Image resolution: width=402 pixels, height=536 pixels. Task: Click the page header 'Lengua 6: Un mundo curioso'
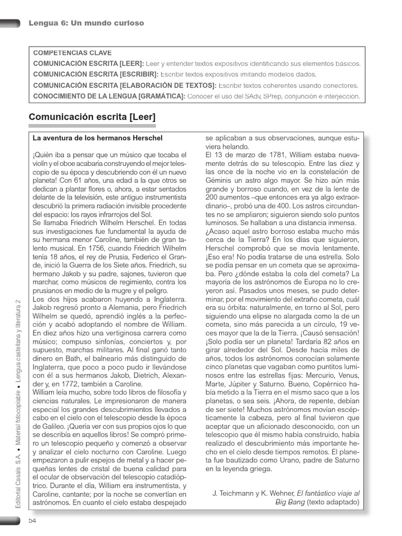(86, 23)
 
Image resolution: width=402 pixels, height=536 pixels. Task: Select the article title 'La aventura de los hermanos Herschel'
(97, 138)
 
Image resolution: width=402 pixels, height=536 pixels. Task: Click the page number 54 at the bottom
(32, 520)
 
